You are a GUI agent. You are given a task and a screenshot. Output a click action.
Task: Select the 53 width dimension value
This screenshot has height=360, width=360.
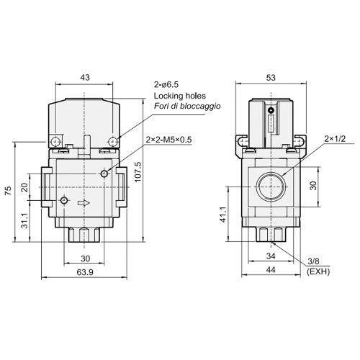click(271, 76)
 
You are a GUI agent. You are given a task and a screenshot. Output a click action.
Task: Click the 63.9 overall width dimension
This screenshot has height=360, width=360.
click(86, 272)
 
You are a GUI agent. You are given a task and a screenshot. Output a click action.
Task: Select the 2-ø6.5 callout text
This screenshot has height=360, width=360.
click(169, 84)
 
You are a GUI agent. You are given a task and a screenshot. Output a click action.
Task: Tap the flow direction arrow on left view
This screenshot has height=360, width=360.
click(86, 204)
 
